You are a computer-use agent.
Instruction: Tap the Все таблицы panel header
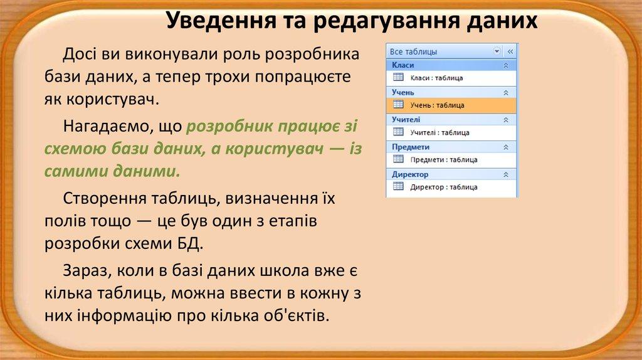pos(414,51)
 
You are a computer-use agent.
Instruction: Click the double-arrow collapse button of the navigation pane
pos(510,51)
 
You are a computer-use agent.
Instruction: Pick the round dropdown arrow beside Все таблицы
pos(497,51)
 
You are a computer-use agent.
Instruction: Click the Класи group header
pos(403,65)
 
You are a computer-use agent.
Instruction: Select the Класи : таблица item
pos(436,78)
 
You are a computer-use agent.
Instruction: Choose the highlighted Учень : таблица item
pos(437,105)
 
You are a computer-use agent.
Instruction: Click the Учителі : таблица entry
pos(439,132)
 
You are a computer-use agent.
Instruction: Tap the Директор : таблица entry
pos(443,187)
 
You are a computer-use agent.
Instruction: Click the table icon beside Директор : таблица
pos(397,186)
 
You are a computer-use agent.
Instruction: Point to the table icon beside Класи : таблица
pos(397,77)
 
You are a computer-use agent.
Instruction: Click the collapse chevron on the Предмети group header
pos(506,147)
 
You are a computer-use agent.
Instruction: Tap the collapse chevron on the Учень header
pos(506,92)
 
